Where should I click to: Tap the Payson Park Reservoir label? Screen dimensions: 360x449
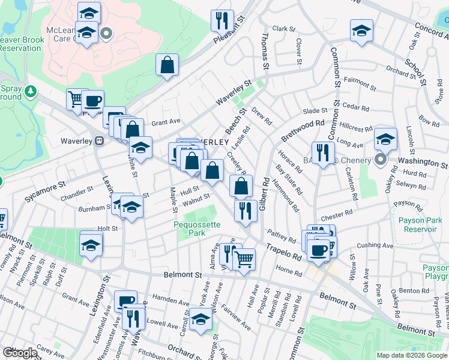click(x=420, y=224)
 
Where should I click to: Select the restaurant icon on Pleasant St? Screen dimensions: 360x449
click(x=222, y=20)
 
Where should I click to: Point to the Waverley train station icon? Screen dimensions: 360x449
click(x=100, y=141)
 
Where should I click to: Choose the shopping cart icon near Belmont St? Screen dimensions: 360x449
click(x=244, y=260)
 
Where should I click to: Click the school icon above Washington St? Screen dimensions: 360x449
click(x=386, y=139)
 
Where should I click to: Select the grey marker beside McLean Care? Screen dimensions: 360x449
click(x=107, y=34)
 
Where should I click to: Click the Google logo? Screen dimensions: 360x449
click(x=20, y=353)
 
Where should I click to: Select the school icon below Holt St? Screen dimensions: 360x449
click(x=91, y=245)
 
